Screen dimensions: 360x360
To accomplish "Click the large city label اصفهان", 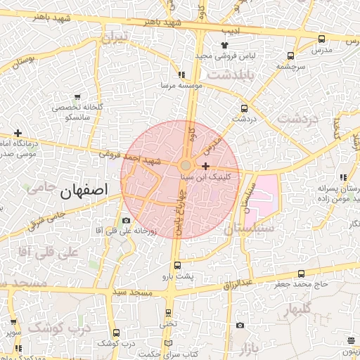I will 84,190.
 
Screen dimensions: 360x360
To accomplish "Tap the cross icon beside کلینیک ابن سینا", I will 205,167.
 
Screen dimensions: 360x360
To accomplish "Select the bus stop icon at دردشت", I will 245,108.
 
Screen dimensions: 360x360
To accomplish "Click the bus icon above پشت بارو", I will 176,266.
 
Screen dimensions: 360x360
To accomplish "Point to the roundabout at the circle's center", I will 185,165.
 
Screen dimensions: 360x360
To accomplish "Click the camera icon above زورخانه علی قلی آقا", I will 126,221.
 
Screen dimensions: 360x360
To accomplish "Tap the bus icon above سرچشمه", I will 290,56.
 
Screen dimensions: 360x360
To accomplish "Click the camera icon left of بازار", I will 240,325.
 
